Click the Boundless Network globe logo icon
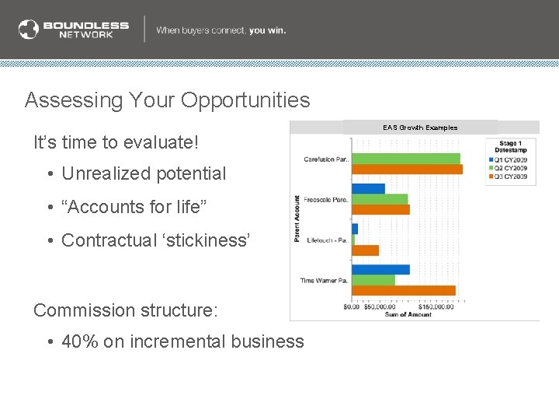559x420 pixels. (29, 30)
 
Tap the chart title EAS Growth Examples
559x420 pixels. (419, 128)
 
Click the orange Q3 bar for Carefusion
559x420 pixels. (407, 170)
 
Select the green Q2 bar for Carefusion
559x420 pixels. (406, 159)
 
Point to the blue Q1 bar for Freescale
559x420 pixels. (368, 188)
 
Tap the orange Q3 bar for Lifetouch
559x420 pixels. (365, 250)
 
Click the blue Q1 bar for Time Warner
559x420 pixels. (380, 270)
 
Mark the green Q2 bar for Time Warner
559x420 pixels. (373, 280)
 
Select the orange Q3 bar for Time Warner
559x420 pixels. (404, 291)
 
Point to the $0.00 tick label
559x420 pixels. (352, 307)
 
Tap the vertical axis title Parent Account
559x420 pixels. (297, 219)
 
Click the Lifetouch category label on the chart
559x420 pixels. (326, 240)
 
